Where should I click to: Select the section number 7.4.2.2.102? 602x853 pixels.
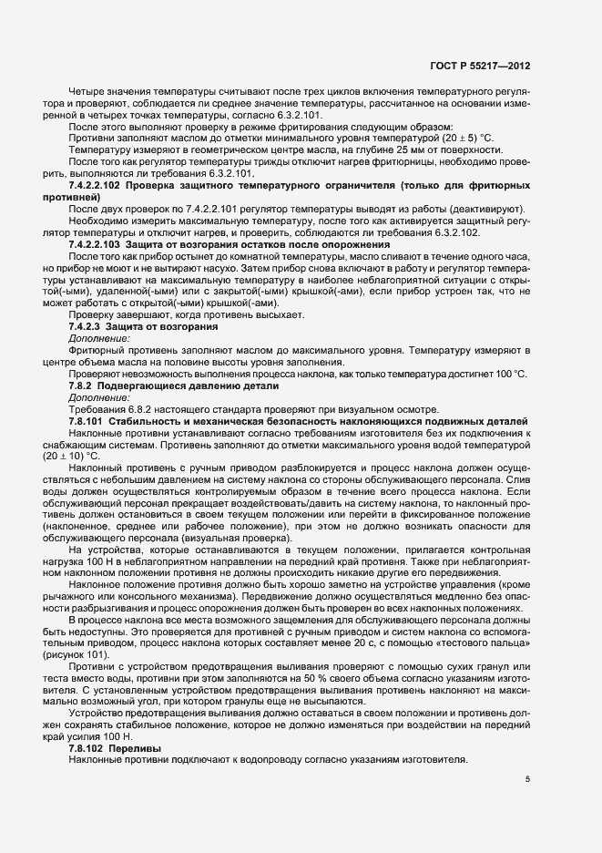click(x=96, y=186)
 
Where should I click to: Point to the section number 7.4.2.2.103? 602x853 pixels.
click(x=96, y=245)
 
